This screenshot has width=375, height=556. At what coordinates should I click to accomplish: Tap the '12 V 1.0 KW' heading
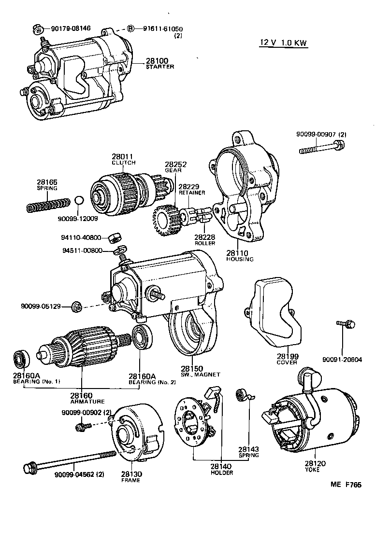coord(283,42)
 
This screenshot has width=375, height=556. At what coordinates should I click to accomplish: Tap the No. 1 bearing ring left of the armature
coord(21,358)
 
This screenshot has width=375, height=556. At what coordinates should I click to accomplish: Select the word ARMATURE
coord(87,401)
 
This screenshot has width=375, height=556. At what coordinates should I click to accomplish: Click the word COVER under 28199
coord(287,362)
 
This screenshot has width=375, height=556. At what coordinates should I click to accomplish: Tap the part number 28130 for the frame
coord(130,474)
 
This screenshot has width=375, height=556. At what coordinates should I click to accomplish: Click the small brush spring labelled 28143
coord(242,396)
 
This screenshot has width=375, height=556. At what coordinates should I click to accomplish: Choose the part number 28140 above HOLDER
coord(221,466)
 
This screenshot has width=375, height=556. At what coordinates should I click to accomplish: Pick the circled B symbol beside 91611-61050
coord(130,28)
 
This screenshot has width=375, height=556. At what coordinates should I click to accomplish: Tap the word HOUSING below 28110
coord(240,259)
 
